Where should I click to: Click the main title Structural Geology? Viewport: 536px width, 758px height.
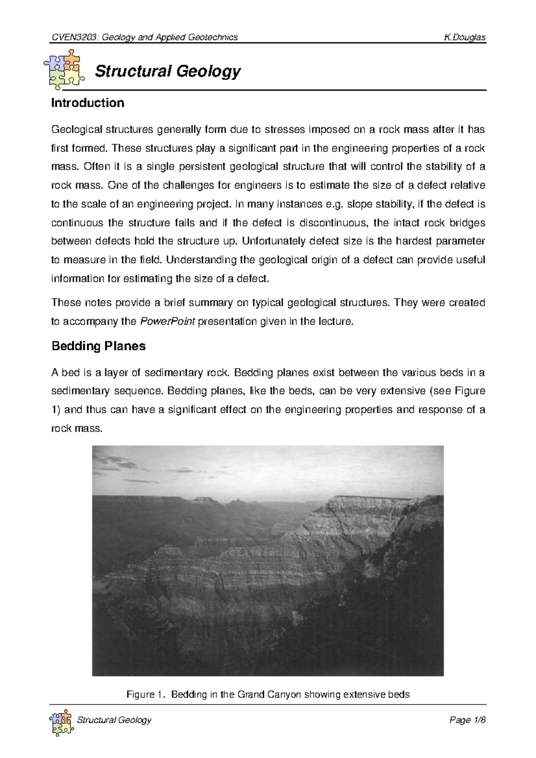[x=168, y=71]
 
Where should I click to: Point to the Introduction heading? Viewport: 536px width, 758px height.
[x=88, y=103]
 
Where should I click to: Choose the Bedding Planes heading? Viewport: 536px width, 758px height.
[x=99, y=346]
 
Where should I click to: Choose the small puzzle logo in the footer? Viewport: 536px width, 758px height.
[x=61, y=722]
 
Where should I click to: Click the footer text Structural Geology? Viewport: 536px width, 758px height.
[x=114, y=720]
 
